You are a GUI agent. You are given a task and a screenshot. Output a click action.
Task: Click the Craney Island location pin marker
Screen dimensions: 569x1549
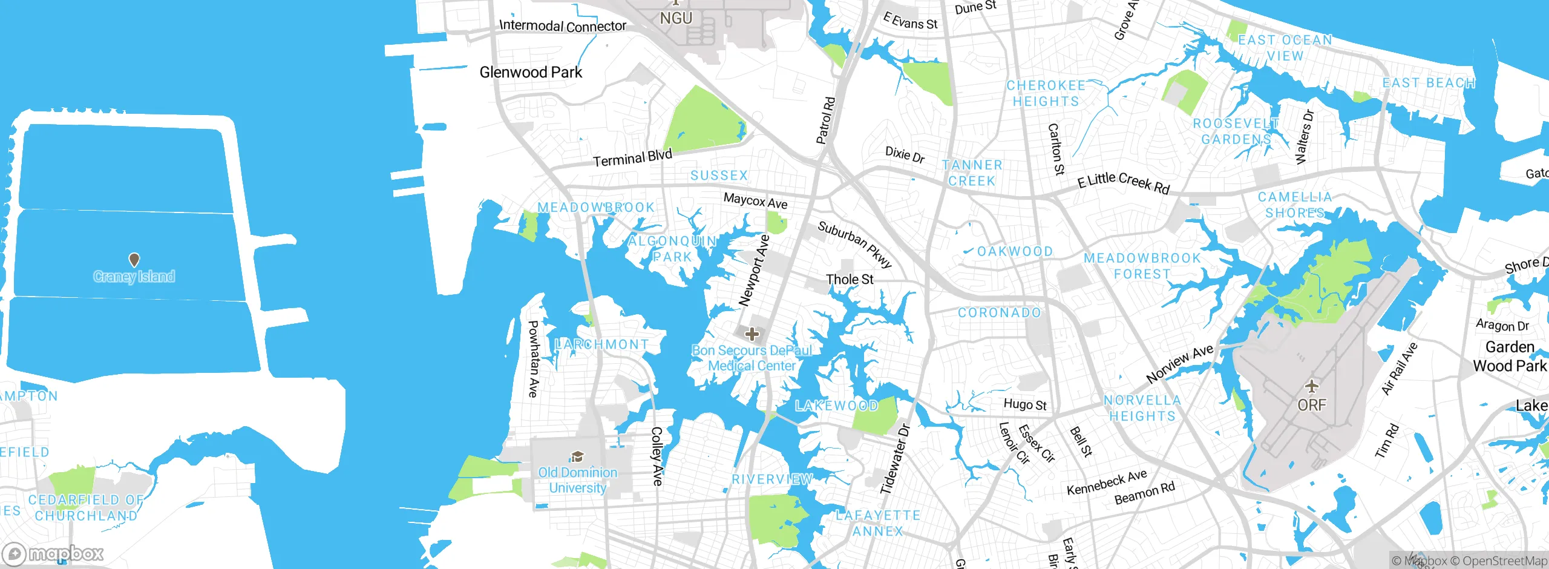(x=134, y=260)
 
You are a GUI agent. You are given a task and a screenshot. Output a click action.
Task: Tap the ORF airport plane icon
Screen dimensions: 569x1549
(x=1311, y=386)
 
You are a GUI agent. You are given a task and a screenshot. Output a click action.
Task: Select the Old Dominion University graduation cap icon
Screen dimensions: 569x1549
(x=577, y=456)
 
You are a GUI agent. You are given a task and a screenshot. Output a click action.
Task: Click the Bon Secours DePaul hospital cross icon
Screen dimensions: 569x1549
(x=752, y=334)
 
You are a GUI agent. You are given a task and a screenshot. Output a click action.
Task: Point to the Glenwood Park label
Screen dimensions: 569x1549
(x=531, y=73)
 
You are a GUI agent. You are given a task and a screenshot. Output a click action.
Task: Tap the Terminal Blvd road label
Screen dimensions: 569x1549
(x=632, y=158)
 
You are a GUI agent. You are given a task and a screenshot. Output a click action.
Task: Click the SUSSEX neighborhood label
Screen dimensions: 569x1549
(x=719, y=176)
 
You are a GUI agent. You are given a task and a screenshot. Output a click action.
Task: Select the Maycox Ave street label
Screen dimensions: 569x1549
(x=755, y=201)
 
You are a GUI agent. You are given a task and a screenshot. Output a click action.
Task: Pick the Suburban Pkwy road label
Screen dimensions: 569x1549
(x=855, y=244)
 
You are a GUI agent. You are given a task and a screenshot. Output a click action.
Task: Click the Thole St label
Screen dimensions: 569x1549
(x=850, y=280)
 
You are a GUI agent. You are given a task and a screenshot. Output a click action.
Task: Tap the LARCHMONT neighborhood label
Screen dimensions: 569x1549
(x=601, y=344)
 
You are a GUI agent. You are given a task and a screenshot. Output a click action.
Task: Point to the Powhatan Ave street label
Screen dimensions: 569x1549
(x=533, y=359)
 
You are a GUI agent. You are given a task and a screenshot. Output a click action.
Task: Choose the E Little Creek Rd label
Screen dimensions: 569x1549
(x=1123, y=182)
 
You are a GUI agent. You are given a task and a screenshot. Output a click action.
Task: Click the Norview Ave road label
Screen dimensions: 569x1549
(x=1180, y=363)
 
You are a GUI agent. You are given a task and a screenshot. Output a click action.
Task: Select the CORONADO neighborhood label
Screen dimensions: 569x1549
(x=999, y=313)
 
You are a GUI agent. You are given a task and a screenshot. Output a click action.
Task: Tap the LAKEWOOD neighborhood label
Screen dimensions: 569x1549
(x=836, y=406)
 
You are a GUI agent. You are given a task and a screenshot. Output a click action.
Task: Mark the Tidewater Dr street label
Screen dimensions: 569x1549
(x=895, y=459)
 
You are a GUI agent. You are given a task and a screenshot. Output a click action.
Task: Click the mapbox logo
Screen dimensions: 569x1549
(x=53, y=554)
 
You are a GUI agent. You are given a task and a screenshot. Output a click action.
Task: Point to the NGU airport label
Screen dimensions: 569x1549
(x=676, y=18)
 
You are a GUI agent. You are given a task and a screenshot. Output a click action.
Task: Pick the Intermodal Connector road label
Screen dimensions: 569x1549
(x=563, y=26)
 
